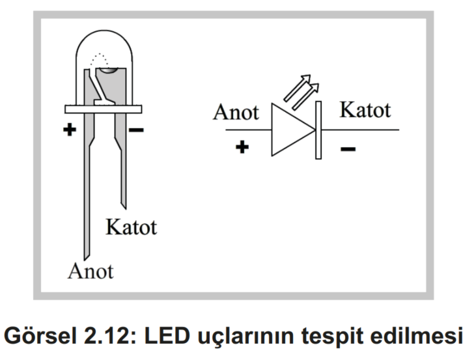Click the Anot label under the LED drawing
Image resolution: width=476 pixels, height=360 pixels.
click(x=91, y=270)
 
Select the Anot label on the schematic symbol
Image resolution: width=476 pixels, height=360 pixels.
click(x=236, y=113)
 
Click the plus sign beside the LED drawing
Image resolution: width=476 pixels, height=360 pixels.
click(x=70, y=129)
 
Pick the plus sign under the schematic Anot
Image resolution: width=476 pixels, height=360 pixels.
click(x=242, y=147)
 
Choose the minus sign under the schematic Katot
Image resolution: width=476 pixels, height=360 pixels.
click(x=348, y=149)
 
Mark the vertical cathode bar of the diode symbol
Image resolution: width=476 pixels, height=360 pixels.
click(x=318, y=130)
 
